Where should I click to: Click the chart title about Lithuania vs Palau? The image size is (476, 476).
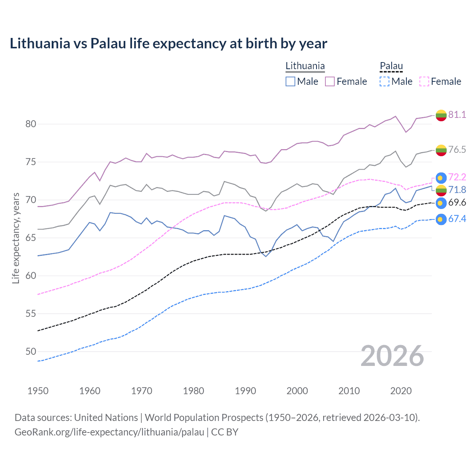pyautogui.click(x=168, y=44)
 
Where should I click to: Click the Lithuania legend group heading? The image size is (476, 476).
pyautogui.click(x=305, y=66)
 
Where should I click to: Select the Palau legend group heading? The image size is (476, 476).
pyautogui.click(x=391, y=66)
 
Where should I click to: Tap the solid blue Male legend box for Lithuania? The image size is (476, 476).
pyautogui.click(x=290, y=81)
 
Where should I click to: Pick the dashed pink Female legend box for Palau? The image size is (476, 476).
pyautogui.click(x=424, y=81)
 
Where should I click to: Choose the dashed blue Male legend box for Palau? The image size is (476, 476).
pyautogui.click(x=385, y=81)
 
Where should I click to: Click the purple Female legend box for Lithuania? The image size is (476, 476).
pyautogui.click(x=330, y=81)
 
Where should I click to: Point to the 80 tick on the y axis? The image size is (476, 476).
pyautogui.click(x=30, y=124)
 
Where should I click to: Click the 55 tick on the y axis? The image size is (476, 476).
pyautogui.click(x=30, y=313)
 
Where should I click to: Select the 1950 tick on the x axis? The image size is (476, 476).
pyautogui.click(x=38, y=391)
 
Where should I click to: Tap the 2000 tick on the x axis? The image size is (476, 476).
pyautogui.click(x=297, y=391)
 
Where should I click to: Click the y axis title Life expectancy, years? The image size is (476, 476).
pyautogui.click(x=16, y=238)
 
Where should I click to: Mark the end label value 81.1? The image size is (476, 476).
pyautogui.click(x=457, y=115)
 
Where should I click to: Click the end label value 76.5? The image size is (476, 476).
pyautogui.click(x=457, y=149)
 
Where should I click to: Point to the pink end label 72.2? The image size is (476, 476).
pyautogui.click(x=457, y=177)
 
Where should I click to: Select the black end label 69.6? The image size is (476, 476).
pyautogui.click(x=457, y=202)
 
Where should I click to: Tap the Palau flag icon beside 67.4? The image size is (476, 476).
pyautogui.click(x=441, y=219)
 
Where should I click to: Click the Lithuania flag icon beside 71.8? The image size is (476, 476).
pyautogui.click(x=441, y=190)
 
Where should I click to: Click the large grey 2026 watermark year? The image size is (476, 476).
pyautogui.click(x=392, y=356)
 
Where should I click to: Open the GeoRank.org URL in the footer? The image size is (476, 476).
pyautogui.click(x=109, y=432)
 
